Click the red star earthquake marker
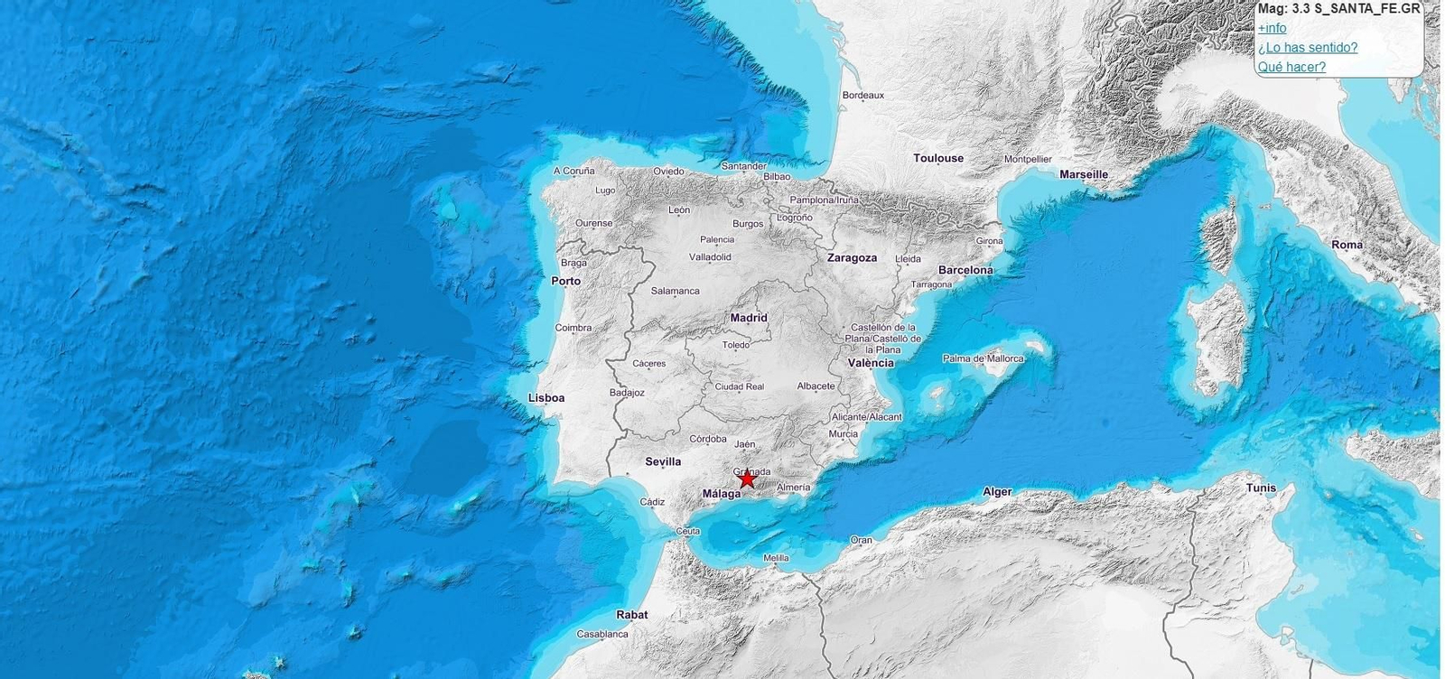747,479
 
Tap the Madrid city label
749,318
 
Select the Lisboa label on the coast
546,398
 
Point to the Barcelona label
965,270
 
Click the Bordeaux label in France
862,95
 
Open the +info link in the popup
1272,28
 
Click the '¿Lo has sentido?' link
1307,48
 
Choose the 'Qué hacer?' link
1291,67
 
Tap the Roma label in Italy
1347,245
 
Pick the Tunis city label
1261,488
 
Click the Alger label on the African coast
997,492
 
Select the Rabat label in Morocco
632,615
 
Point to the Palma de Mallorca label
984,358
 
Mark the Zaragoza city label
852,258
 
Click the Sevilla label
663,461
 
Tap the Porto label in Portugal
566,281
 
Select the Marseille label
1083,174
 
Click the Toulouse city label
938,158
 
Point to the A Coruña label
574,171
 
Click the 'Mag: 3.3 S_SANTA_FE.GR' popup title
1338,9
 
